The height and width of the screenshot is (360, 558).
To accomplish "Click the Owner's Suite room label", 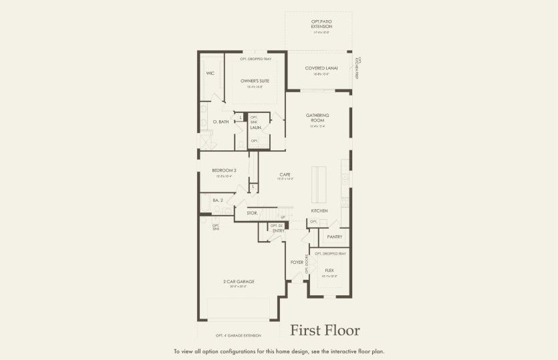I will tap(255, 81).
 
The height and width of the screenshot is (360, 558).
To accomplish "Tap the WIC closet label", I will tap(210, 73).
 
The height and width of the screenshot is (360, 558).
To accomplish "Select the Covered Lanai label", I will tap(321, 68).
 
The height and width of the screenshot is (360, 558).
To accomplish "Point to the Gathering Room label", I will tap(318, 118).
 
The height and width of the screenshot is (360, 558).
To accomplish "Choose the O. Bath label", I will tap(221, 122).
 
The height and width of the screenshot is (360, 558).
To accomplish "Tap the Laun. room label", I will tap(255, 127).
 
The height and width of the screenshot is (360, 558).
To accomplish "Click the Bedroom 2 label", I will tap(224, 170).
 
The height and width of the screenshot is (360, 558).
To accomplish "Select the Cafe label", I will tap(285, 174).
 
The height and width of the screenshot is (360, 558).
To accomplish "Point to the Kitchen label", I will tap(319, 210).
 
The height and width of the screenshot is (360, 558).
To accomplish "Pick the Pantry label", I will tap(334, 237).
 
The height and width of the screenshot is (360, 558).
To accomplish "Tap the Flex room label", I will tap(329, 271).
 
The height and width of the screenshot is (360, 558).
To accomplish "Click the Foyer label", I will tap(297, 262).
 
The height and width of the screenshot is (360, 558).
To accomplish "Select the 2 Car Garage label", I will tap(239, 281).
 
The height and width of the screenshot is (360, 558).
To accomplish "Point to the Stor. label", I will tap(252, 213).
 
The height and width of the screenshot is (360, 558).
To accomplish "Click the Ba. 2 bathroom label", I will tap(217, 200).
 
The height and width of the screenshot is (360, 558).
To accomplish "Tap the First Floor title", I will tap(325, 331).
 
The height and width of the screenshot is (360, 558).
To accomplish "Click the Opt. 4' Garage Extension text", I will tap(238, 335).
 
